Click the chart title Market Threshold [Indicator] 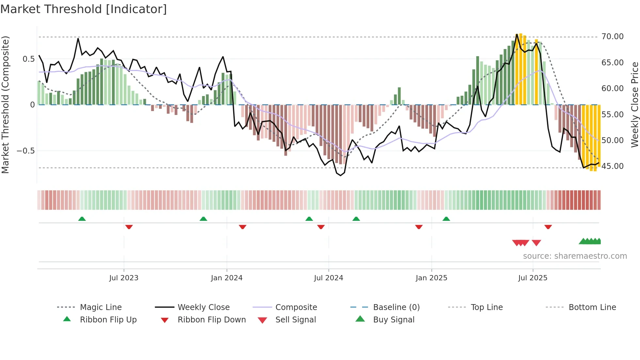(x=84, y=9)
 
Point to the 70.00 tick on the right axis (x=612, y=37)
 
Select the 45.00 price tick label (x=612, y=166)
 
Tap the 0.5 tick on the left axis (x=28, y=59)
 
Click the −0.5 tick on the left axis (x=25, y=151)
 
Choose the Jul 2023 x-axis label (x=124, y=278)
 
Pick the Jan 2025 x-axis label (x=431, y=278)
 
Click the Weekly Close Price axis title (x=634, y=105)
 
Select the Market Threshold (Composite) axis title (x=5, y=105)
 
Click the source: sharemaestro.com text (x=575, y=256)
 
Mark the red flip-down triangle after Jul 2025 (x=548, y=227)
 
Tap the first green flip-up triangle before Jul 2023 (x=82, y=219)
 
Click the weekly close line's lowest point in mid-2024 (x=341, y=175)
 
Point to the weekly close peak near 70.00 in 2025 (x=517, y=34)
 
